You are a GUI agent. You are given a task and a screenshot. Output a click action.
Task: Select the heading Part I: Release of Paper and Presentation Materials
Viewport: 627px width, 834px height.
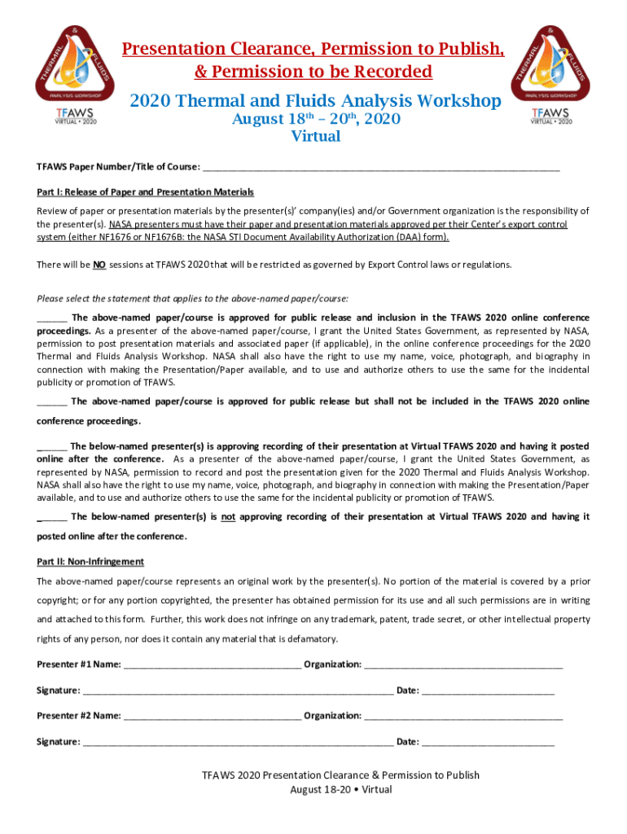pos(145,192)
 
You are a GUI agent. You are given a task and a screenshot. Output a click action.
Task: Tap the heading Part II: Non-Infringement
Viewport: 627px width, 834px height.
pos(90,562)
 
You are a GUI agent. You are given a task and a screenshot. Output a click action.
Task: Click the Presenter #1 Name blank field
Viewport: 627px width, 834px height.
pos(212,665)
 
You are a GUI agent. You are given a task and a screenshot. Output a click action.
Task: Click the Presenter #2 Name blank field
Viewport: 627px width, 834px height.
pos(212,716)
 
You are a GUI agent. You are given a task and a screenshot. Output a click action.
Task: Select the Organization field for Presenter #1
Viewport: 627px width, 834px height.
pos(463,665)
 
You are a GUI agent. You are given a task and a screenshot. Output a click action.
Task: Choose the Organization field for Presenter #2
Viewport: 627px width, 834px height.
pos(463,716)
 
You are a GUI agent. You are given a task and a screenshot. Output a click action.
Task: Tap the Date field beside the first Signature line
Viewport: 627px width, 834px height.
pos(488,691)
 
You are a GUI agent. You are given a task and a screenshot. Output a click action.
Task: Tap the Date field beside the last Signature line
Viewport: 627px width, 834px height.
pos(488,742)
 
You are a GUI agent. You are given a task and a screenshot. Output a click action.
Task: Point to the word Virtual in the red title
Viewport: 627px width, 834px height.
pos(316,137)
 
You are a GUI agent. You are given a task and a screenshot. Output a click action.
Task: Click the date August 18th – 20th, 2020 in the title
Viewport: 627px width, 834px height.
pos(316,120)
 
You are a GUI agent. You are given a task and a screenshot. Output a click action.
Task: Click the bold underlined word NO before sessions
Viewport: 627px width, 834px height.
pos(99,265)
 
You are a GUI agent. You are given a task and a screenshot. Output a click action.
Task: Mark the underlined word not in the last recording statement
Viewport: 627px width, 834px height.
pos(228,517)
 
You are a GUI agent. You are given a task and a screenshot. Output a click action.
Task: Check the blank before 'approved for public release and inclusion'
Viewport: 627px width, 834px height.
pos(52,318)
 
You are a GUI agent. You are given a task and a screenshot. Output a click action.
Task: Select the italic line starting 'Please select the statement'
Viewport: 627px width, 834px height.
pos(193,297)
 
